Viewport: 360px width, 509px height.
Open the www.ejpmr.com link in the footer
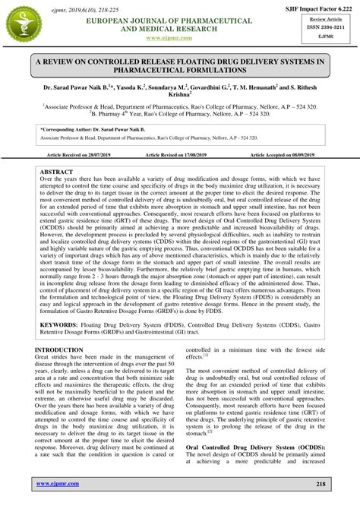[x=56, y=483]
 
